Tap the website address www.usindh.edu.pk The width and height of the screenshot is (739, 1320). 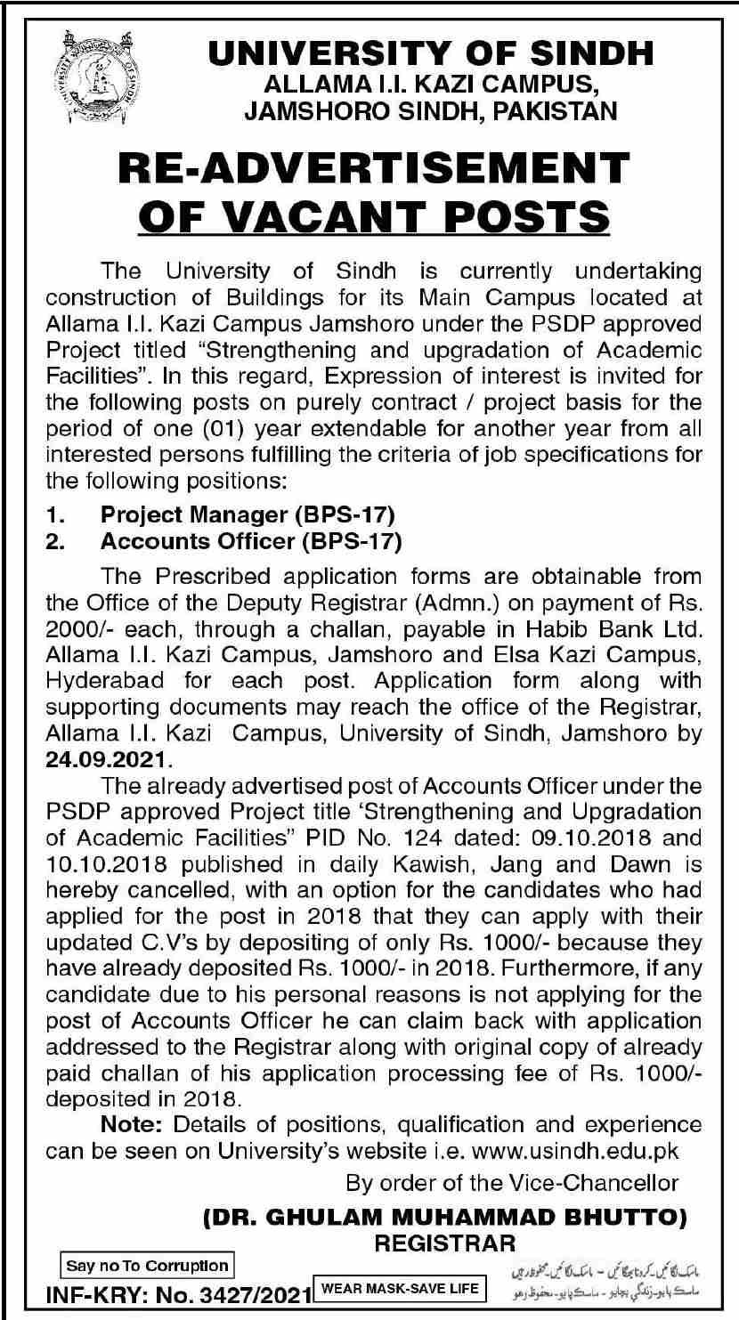(573, 1150)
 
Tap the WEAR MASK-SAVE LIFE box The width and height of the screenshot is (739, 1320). (400, 1287)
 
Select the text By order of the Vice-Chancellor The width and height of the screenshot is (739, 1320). (512, 1182)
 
